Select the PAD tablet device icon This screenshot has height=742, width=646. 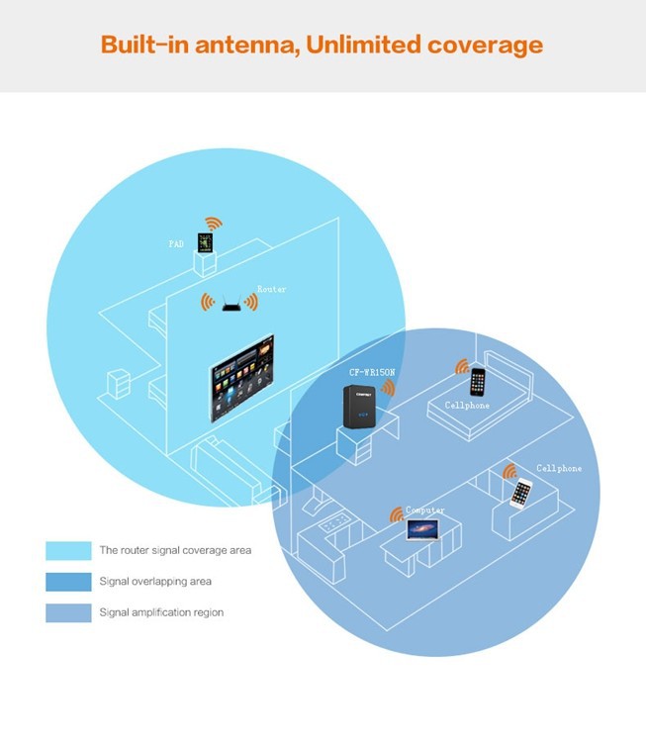pyautogui.click(x=206, y=242)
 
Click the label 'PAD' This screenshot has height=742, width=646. pyautogui.click(x=175, y=242)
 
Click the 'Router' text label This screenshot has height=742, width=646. pyautogui.click(x=271, y=289)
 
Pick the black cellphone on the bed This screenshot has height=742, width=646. pyautogui.click(x=479, y=381)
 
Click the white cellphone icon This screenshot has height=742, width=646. pyautogui.click(x=521, y=492)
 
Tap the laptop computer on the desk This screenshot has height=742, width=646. pyautogui.click(x=422, y=531)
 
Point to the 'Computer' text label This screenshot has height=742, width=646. pyautogui.click(x=425, y=510)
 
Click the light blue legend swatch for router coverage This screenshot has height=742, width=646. pyautogui.click(x=67, y=550)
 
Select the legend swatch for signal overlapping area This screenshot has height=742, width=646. pyautogui.click(x=67, y=582)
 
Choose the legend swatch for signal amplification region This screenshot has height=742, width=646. pyautogui.click(x=67, y=613)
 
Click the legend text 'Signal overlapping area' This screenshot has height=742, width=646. pyautogui.click(x=155, y=582)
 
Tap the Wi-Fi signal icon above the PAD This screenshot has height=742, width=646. pyautogui.click(x=212, y=224)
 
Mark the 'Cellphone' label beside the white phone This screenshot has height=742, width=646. pyautogui.click(x=559, y=468)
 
